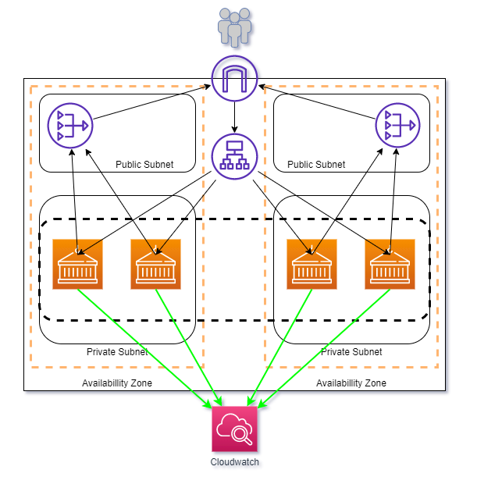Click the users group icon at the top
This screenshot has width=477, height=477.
coord(235,26)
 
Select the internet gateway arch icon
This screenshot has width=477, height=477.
coord(235,77)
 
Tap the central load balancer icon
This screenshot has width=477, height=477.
coord(235,156)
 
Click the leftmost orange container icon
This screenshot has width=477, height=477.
coord(77,264)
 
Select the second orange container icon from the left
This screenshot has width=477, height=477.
coord(155,264)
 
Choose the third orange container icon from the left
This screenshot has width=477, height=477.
coord(311,264)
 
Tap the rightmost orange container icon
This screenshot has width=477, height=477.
coord(390,264)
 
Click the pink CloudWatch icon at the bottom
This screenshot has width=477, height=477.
coord(235,429)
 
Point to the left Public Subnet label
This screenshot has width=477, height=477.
coord(144,165)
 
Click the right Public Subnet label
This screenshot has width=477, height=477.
coord(316,165)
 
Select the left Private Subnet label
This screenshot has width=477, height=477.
coord(117,352)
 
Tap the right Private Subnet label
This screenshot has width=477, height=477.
coord(351,352)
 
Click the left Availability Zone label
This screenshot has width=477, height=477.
coord(117,383)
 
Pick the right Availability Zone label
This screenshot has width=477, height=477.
coord(351,383)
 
